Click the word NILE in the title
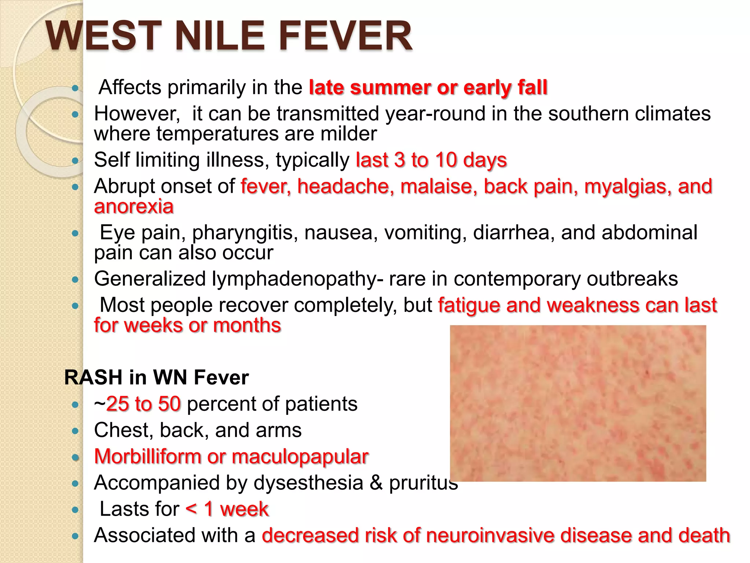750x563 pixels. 220,36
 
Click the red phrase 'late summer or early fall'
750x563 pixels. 428,87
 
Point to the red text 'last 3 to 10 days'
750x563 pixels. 431,160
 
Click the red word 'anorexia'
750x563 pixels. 134,206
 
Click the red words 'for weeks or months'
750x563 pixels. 187,325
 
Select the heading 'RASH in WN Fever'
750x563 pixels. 156,377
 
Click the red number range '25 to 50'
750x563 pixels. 143,404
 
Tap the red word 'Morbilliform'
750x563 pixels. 148,457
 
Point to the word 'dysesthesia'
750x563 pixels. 308,483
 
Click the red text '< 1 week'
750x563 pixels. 227,509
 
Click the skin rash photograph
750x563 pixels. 578,403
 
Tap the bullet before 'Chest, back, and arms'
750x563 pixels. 75,431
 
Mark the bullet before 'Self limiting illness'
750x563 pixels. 75,161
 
